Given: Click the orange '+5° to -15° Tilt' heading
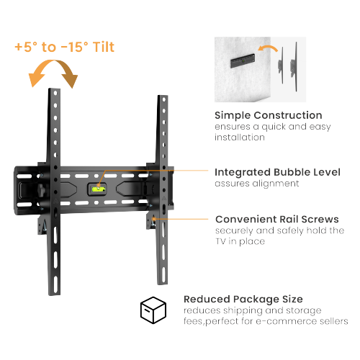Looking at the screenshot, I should [63, 48].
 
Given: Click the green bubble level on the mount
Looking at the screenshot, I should [97, 189].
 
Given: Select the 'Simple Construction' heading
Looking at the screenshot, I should [268, 115].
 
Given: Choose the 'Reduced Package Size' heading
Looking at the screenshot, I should [243, 298].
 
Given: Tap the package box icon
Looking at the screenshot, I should [153, 310].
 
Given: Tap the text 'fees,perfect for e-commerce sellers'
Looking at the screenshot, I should [266, 321].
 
